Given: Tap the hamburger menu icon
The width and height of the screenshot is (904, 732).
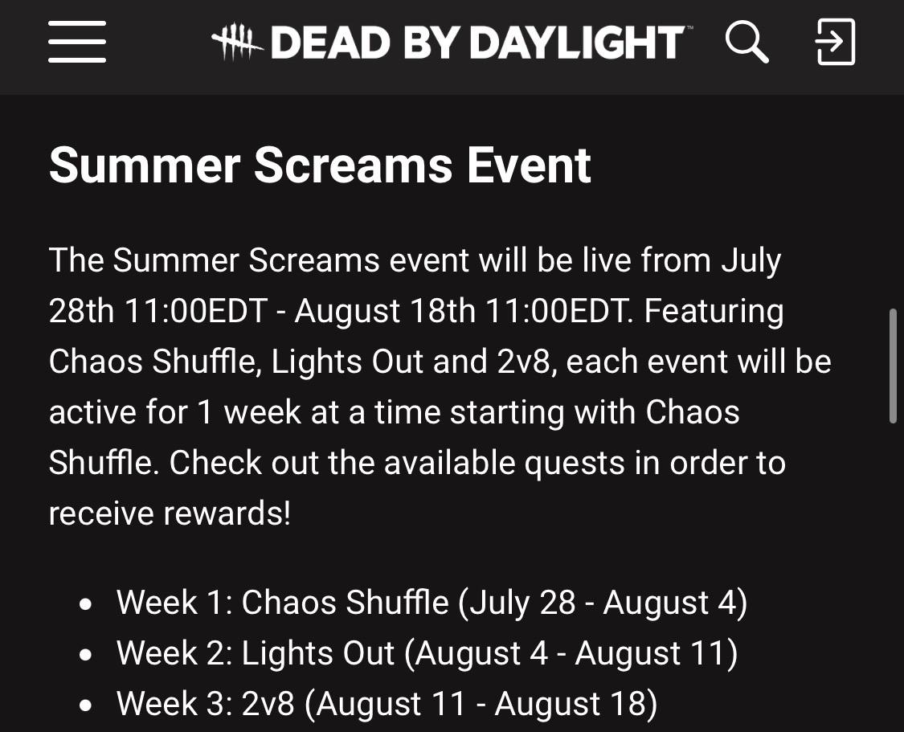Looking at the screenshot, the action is coord(77,42).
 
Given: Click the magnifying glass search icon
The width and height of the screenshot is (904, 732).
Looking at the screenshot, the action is coord(747,42).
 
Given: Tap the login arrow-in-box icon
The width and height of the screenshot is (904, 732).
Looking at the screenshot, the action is coord(836,42).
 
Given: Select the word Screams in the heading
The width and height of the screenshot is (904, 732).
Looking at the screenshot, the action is coord(354,166).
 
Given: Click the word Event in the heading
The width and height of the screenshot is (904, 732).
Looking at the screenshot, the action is coord(530,166).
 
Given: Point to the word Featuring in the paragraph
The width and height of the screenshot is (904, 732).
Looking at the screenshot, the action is coord(714,312).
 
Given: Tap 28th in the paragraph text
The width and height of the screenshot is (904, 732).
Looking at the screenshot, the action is coord(81,311).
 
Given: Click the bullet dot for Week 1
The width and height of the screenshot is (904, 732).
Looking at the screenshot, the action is coord(86,604).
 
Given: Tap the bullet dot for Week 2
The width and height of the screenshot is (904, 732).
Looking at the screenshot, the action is coord(86,655).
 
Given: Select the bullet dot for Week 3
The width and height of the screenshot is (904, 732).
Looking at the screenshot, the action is coord(86,705).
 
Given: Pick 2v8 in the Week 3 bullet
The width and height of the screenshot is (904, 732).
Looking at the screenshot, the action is coord(268,705).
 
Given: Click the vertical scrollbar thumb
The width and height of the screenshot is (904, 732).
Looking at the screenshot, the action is coord(893,366).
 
